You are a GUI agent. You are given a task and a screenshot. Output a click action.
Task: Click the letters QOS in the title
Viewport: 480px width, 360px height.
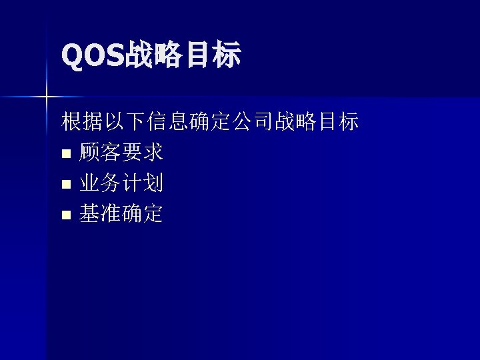click(x=93, y=56)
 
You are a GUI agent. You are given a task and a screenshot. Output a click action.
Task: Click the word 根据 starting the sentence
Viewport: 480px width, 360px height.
click(x=82, y=122)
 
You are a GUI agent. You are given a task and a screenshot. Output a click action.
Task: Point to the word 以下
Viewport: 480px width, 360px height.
click(x=125, y=122)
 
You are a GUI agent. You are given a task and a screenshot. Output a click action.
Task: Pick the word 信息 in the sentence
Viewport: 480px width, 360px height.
click(x=168, y=122)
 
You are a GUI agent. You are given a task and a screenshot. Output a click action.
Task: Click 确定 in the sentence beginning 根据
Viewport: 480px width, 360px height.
click(x=211, y=122)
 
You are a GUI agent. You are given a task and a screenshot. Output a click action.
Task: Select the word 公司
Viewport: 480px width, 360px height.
click(x=253, y=122)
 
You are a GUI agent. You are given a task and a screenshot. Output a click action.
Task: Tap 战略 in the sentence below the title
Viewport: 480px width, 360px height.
click(x=296, y=122)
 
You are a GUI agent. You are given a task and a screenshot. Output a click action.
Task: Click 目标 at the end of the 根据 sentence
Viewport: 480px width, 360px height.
click(x=339, y=122)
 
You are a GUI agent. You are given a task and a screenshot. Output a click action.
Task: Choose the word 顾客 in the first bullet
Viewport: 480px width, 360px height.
click(x=100, y=153)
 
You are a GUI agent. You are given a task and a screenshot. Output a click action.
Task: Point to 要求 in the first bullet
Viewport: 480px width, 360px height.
click(x=143, y=153)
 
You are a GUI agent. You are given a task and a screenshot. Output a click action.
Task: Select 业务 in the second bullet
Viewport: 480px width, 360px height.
click(x=100, y=183)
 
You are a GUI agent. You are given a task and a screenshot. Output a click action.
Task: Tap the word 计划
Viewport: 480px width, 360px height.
click(x=143, y=183)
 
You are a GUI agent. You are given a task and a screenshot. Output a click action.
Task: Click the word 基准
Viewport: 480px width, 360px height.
click(x=100, y=214)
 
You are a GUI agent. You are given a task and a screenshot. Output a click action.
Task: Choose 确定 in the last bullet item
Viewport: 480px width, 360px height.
click(x=143, y=214)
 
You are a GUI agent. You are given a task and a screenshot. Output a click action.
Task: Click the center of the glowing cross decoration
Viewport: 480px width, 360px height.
click(x=47, y=97)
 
